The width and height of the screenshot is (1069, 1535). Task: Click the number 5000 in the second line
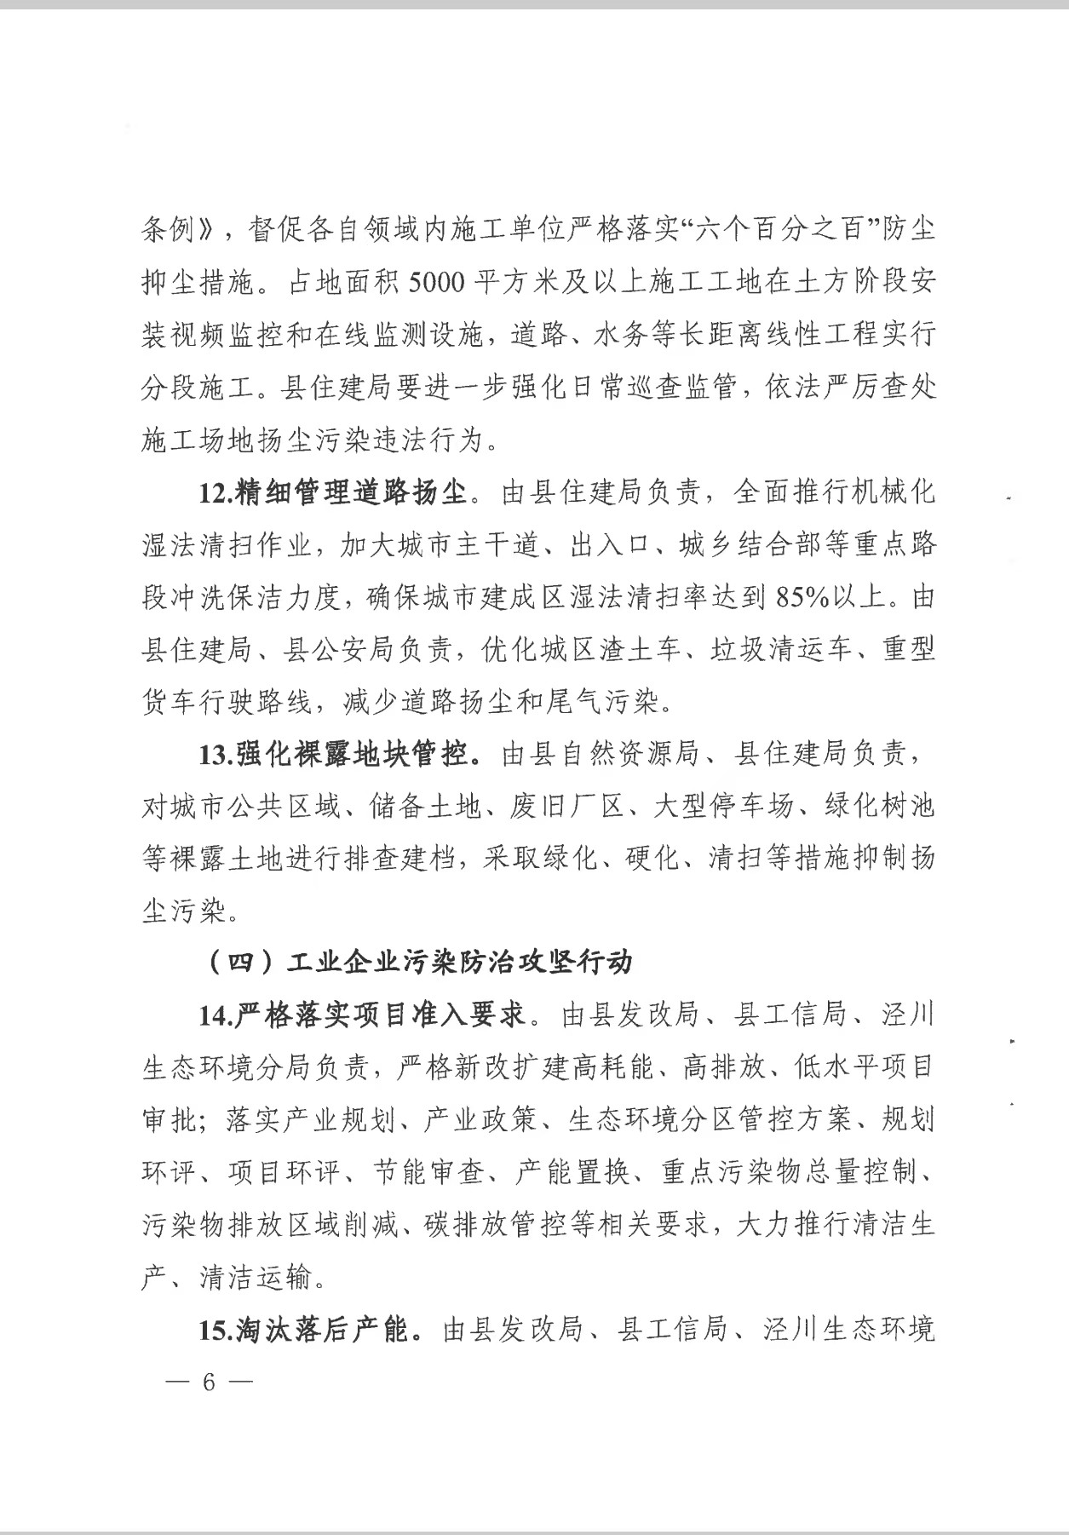pos(440,282)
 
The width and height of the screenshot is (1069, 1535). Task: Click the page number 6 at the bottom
pos(208,1382)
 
